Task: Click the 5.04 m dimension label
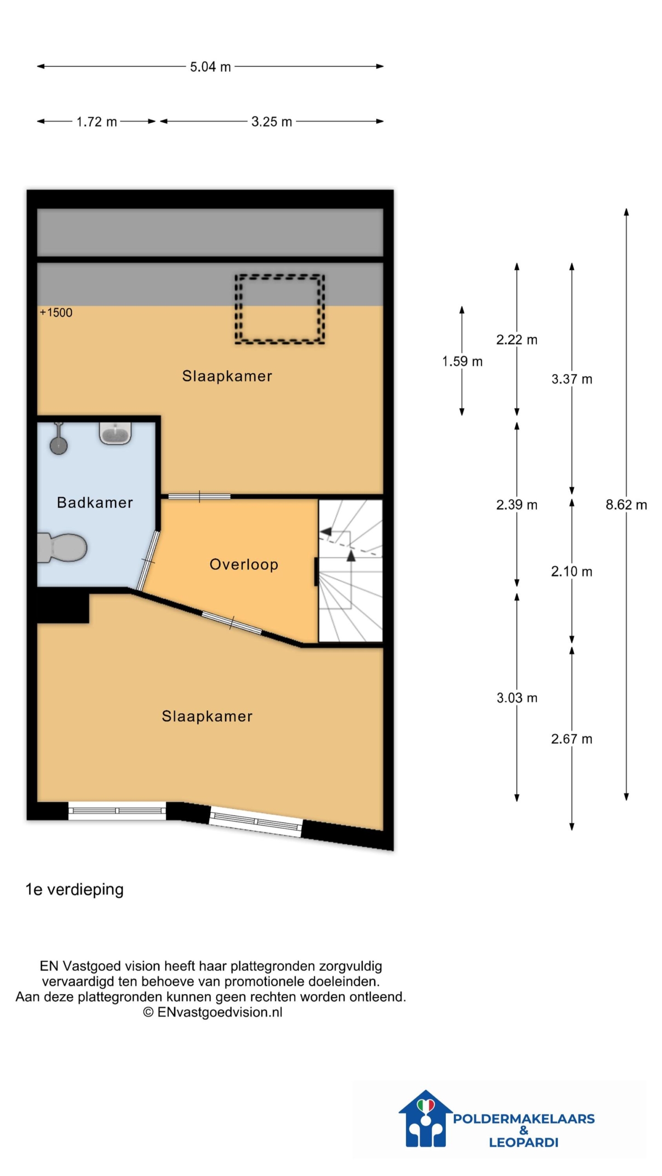tap(210, 67)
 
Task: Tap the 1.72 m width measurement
tap(97, 122)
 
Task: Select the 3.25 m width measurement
tap(271, 122)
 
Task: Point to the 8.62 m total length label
tap(626, 505)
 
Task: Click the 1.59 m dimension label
tap(462, 362)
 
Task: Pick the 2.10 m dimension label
tap(571, 571)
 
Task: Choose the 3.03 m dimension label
tap(517, 698)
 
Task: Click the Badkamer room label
tap(95, 503)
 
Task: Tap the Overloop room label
tap(244, 565)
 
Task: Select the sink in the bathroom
tap(115, 433)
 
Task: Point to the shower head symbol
tap(58, 439)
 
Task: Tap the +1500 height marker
tap(56, 313)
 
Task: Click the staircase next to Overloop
tap(350, 571)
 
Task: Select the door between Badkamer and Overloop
tap(148, 561)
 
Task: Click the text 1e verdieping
tap(74, 890)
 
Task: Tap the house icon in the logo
tap(425, 1119)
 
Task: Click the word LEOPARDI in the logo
tap(523, 1142)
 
